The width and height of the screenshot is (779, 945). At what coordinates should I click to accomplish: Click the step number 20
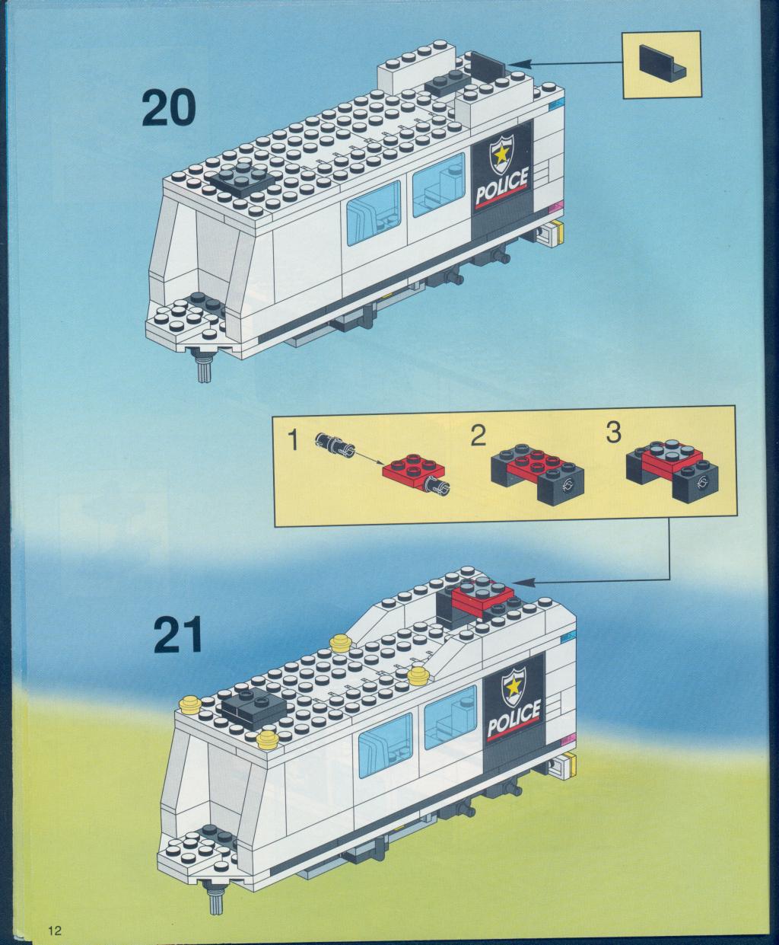point(169,109)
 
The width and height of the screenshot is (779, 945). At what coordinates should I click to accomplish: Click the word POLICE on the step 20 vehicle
point(502,186)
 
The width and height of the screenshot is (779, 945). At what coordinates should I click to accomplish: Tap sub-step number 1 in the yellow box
point(294,441)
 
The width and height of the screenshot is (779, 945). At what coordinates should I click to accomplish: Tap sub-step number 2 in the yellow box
point(479,436)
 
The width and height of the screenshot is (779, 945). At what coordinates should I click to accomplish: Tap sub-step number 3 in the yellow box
point(613,433)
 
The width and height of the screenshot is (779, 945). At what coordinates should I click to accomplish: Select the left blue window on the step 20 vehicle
point(374,212)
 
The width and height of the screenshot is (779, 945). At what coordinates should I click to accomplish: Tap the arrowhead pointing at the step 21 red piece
point(521,582)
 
